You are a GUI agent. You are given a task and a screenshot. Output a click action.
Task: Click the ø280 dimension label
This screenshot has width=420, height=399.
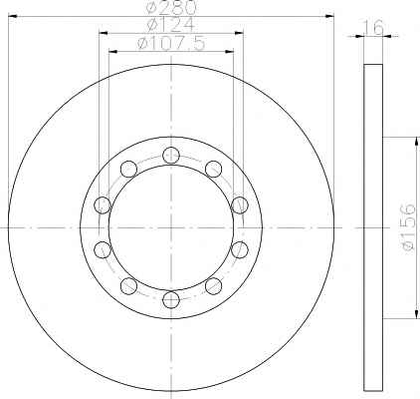coord(171,7)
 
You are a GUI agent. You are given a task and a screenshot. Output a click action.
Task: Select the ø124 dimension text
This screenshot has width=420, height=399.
coord(170,25)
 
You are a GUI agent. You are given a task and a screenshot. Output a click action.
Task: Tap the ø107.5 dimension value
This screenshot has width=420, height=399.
coord(171,43)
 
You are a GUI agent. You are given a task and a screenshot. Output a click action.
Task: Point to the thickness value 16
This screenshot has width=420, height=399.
coord(373,27)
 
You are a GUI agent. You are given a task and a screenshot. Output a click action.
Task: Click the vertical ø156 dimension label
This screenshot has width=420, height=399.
coord(407,226)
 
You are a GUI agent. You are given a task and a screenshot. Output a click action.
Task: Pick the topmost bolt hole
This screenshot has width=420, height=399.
coord(171,155)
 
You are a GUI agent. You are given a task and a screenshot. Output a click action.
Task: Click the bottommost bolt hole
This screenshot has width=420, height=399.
coord(171,300)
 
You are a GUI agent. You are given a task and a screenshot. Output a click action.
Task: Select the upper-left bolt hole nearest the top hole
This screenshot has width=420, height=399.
coord(128,169)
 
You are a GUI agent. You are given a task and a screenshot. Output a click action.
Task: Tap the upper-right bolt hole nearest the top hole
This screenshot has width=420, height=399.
coord(213,169)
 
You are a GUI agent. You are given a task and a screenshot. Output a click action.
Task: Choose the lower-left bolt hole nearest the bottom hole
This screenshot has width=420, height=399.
coord(128,286)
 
